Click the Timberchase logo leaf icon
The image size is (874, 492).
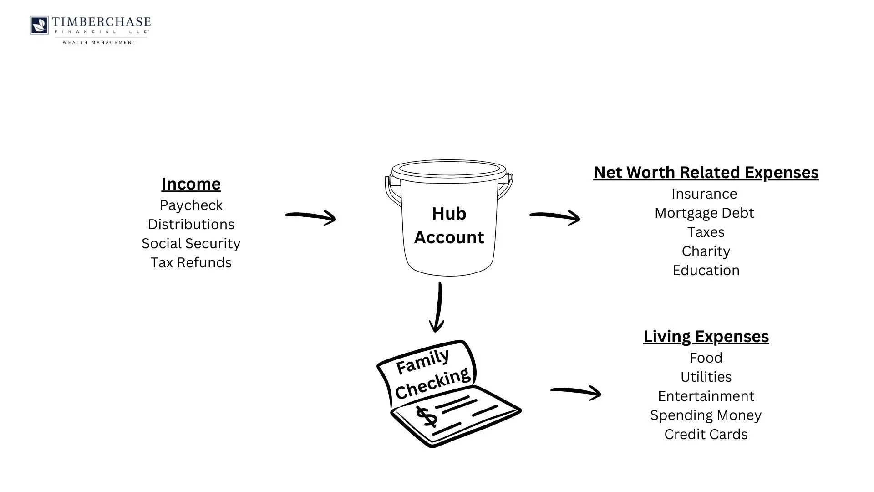(x=39, y=25)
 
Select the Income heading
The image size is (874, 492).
(x=191, y=184)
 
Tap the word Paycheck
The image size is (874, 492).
(x=191, y=205)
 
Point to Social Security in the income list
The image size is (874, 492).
(x=191, y=244)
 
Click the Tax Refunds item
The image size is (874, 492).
(x=191, y=263)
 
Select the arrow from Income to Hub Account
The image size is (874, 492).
(x=311, y=216)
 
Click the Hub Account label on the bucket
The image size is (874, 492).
(x=449, y=225)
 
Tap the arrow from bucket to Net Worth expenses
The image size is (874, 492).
(x=555, y=216)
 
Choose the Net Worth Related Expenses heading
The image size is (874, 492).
(x=706, y=173)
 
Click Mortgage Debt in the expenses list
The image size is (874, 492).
(x=704, y=213)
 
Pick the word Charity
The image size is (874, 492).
(x=706, y=251)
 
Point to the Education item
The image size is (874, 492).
(x=706, y=271)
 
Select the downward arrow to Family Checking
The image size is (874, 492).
(x=437, y=307)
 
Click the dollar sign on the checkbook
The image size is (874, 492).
(x=427, y=417)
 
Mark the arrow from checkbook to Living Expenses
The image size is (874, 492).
(x=576, y=392)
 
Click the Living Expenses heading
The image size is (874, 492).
(x=706, y=337)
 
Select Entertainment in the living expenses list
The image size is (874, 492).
(x=706, y=396)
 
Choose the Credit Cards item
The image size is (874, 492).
(x=706, y=435)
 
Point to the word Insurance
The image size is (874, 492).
(x=704, y=194)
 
